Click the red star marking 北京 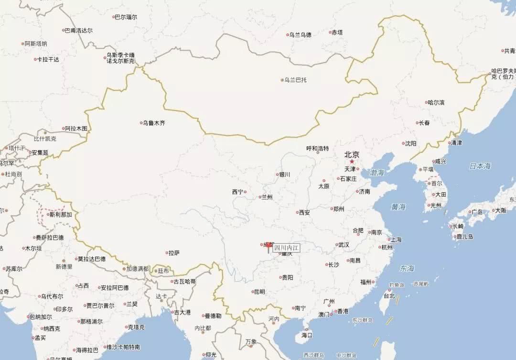[352, 162]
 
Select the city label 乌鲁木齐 [153, 123]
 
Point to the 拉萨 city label [173, 253]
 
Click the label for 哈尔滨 [436, 102]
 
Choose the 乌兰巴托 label [295, 80]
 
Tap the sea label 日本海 [480, 166]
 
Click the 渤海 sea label [376, 173]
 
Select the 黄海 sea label [398, 207]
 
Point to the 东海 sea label [408, 268]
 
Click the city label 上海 [396, 239]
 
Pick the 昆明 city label [258, 292]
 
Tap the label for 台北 [389, 296]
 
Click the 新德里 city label [64, 266]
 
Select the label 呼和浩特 [318, 148]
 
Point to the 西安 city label [304, 212]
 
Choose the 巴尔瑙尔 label [126, 17]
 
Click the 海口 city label [306, 335]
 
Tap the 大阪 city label [500, 210]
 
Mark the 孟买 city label [39, 338]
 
